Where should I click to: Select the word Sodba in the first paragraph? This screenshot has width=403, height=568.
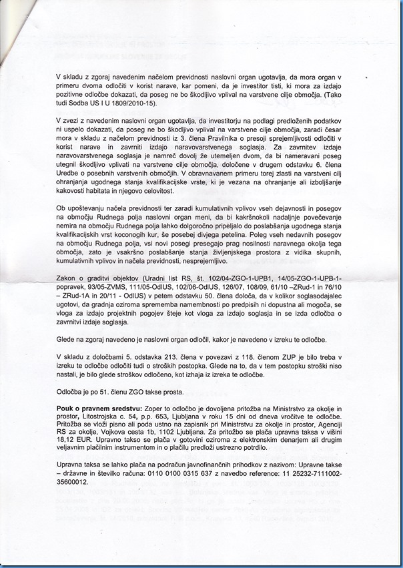[75, 103]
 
